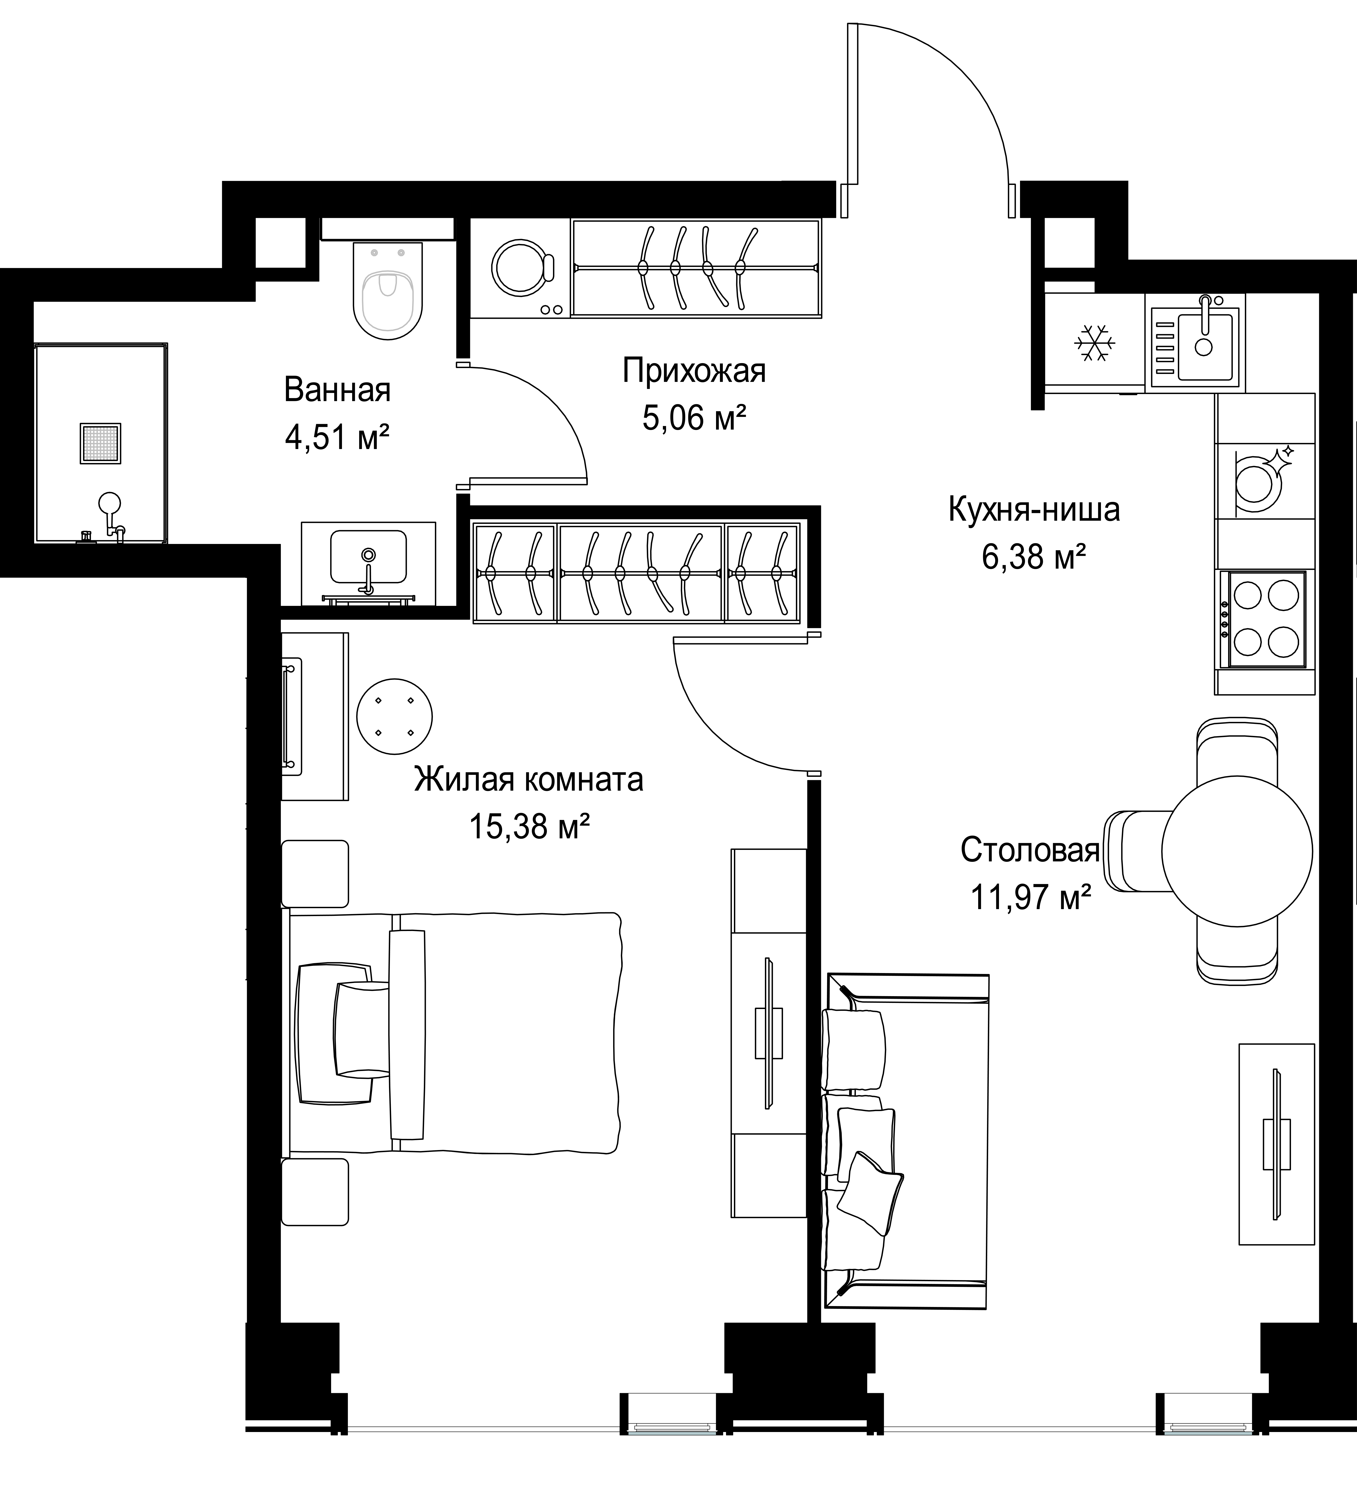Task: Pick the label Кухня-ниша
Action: click(1034, 510)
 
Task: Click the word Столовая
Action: click(1030, 850)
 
